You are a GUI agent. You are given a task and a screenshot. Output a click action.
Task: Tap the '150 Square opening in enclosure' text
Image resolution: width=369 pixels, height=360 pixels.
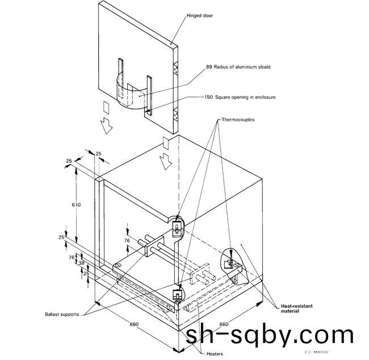click(x=240, y=97)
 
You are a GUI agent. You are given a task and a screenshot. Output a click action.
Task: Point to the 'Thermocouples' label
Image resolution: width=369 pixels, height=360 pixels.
click(x=237, y=120)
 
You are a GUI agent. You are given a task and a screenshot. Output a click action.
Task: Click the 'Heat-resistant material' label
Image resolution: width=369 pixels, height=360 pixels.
click(x=297, y=308)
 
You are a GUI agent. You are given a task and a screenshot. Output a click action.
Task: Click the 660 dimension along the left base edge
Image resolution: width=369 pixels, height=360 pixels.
click(x=135, y=325)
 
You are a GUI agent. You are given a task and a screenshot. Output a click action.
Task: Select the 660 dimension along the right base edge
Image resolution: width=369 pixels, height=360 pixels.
click(x=224, y=325)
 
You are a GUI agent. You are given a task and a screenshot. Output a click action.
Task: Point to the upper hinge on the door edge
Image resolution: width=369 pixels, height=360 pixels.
click(x=177, y=69)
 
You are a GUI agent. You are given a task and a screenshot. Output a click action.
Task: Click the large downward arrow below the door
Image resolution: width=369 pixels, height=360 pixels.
click(x=106, y=126)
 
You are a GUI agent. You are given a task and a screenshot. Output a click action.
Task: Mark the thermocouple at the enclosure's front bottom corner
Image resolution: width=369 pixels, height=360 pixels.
click(x=178, y=295)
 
